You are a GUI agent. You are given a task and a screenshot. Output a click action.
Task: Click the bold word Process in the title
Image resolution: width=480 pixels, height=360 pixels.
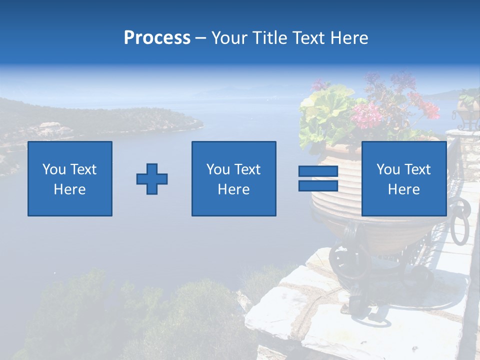(157, 38)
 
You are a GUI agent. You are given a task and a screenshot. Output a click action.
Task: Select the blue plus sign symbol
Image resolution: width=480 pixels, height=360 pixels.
(152, 179)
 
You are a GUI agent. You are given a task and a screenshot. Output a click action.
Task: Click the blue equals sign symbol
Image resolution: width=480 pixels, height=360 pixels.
(318, 178)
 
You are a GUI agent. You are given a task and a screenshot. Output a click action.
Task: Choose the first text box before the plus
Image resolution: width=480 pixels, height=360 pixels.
(70, 178)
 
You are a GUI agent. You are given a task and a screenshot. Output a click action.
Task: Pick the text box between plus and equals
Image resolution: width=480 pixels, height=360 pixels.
(233, 178)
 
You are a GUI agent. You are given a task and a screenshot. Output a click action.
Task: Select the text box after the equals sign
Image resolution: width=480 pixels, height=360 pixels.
(403, 178)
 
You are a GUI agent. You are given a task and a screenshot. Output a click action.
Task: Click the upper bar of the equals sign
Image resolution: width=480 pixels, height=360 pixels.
(318, 171)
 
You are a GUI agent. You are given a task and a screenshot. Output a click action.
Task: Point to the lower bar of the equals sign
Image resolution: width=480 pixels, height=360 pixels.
(318, 185)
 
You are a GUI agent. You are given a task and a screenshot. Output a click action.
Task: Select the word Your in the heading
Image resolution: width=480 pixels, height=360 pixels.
(229, 38)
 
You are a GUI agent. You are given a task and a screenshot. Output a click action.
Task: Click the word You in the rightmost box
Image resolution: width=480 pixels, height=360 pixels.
(388, 169)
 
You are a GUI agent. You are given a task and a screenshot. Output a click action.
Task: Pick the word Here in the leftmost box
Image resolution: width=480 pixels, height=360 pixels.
(70, 189)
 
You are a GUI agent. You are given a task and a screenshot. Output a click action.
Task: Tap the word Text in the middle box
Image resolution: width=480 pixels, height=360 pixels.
(247, 169)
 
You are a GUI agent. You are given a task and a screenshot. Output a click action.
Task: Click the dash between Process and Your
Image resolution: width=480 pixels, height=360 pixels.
(201, 38)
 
